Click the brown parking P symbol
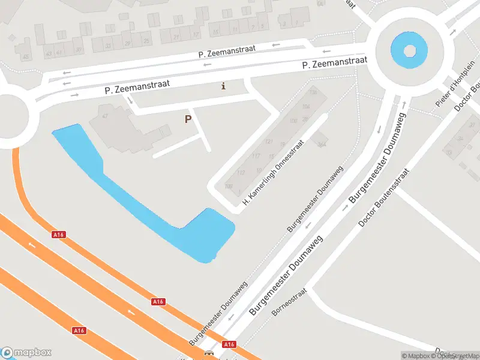(x=188, y=119)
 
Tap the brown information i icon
(x=224, y=86)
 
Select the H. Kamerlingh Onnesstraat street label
(x=274, y=173)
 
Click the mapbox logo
(x=26, y=353)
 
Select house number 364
(x=322, y=143)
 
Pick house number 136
(x=313, y=92)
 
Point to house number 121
(x=269, y=142)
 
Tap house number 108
(x=229, y=186)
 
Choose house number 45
(x=25, y=56)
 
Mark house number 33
(x=108, y=45)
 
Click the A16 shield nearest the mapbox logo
(x=79, y=331)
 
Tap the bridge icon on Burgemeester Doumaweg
(x=209, y=354)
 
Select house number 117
(x=256, y=156)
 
